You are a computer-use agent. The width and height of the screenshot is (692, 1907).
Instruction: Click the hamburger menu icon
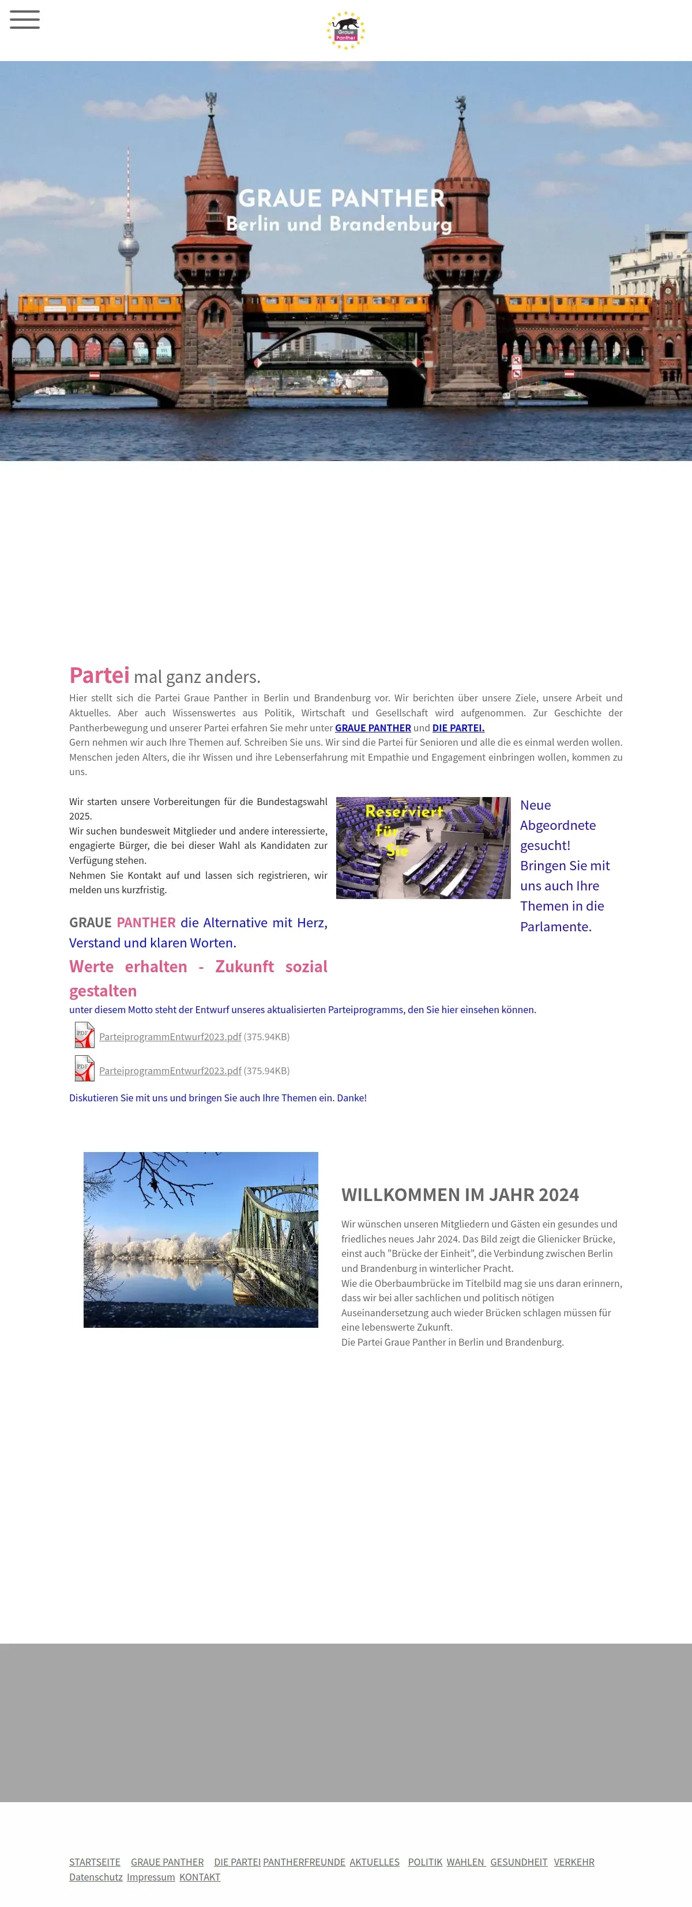click(24, 20)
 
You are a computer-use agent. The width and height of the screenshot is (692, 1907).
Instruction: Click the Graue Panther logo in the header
click(346, 31)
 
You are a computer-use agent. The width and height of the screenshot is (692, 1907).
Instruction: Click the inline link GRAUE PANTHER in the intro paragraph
click(373, 728)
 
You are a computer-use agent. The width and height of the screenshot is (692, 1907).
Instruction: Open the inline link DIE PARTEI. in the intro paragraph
click(458, 728)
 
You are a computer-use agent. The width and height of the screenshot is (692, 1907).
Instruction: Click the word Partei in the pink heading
click(99, 675)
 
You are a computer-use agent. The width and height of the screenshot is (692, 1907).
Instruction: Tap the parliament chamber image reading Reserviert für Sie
click(423, 848)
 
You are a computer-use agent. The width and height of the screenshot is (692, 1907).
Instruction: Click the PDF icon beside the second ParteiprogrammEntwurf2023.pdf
click(84, 1068)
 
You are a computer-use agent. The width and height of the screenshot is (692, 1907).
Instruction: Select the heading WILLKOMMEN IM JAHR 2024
click(460, 1195)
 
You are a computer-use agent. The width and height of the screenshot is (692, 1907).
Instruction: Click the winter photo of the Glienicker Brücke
click(201, 1239)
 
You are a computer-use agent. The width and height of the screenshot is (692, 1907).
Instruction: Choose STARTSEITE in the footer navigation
click(95, 1862)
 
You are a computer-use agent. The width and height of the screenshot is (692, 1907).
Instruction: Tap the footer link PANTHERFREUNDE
click(304, 1862)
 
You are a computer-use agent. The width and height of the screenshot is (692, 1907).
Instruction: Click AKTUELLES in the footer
click(374, 1862)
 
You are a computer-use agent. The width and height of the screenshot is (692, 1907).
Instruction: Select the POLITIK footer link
click(424, 1862)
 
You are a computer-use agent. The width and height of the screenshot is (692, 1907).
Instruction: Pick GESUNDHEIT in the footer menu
click(518, 1862)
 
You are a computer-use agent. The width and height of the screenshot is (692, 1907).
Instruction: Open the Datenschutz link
click(96, 1876)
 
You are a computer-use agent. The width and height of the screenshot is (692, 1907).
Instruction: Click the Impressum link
click(151, 1876)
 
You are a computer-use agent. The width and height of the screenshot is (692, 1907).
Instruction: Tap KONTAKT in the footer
click(200, 1876)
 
